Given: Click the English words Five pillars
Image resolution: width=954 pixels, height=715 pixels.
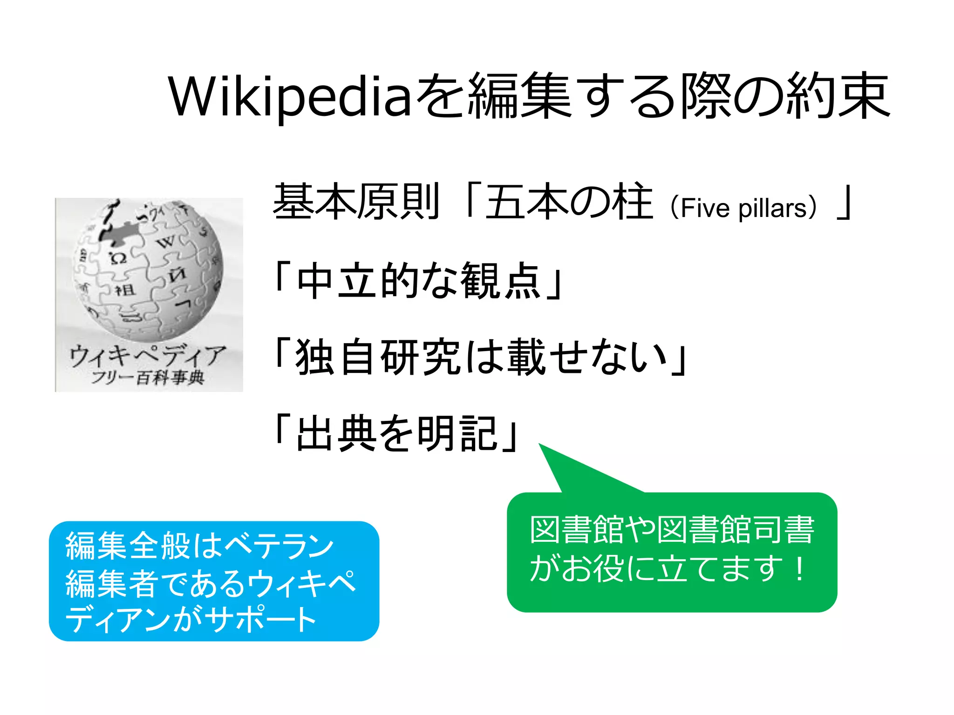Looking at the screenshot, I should click(x=743, y=208).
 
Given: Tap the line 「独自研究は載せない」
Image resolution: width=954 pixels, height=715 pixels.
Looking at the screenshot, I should click(x=480, y=357).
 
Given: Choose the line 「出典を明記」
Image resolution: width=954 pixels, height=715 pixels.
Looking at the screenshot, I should click(x=396, y=434).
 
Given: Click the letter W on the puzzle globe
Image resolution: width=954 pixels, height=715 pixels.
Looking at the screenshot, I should click(x=165, y=242).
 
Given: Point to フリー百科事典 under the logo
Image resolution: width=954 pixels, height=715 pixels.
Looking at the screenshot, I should click(x=148, y=377).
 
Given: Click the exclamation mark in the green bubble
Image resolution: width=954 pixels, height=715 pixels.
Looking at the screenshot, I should click(x=800, y=569).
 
